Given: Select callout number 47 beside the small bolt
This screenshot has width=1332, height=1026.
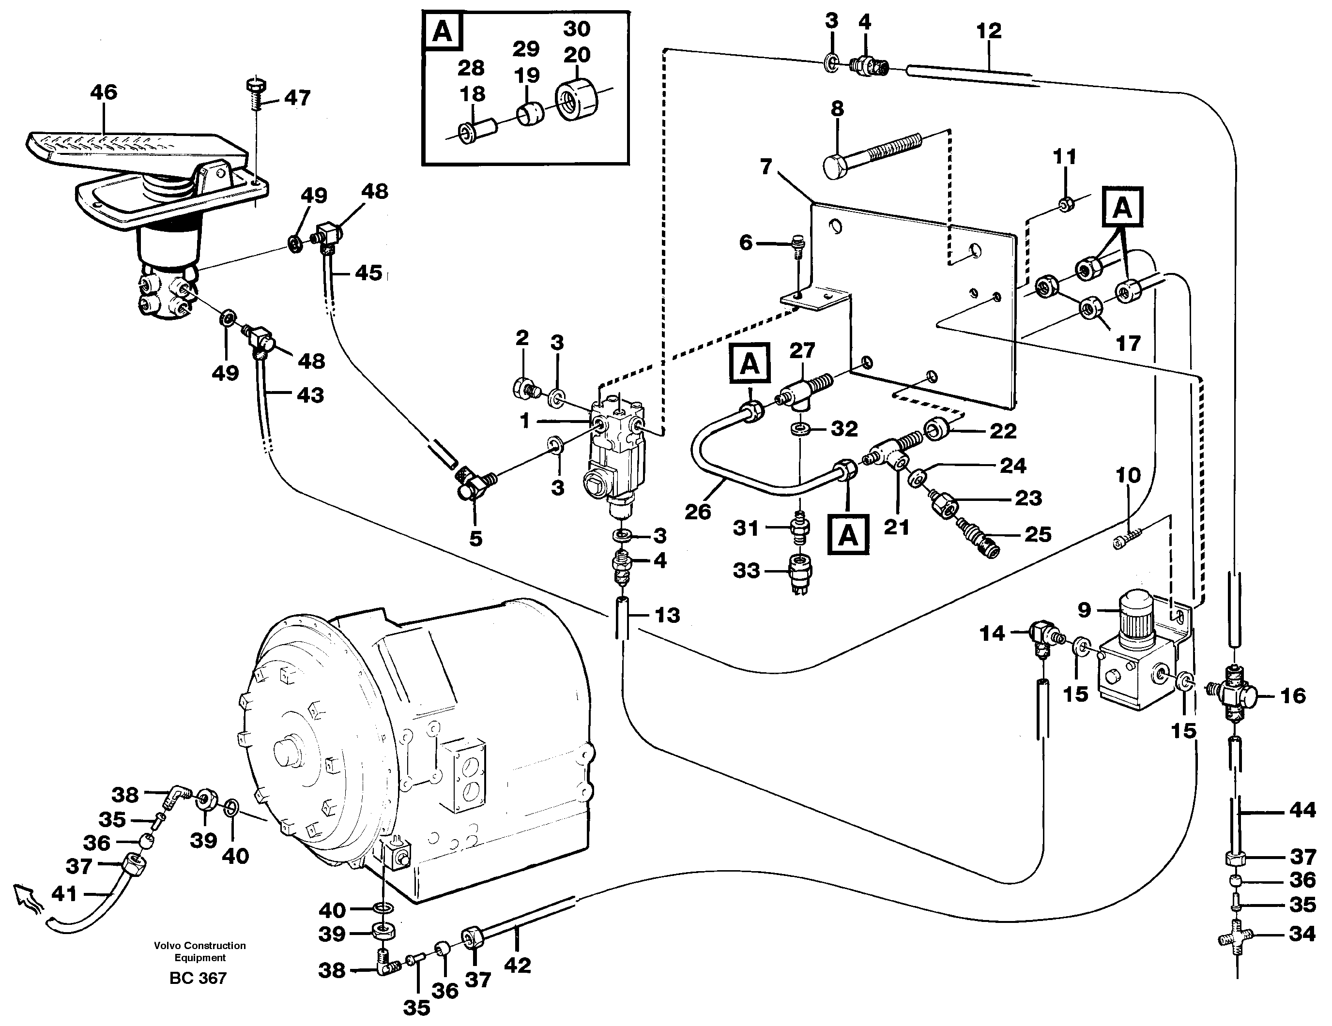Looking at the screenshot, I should click(297, 98).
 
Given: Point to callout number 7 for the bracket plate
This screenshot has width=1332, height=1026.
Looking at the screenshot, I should click(766, 166).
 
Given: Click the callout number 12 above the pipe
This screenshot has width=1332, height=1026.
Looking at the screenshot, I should click(989, 31).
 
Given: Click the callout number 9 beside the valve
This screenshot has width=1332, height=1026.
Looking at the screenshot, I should click(1084, 610).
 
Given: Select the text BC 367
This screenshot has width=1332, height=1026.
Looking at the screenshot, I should click(198, 978).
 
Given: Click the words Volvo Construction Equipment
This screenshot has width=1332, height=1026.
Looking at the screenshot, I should click(199, 951).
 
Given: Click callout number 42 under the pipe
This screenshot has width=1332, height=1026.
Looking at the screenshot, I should click(517, 965).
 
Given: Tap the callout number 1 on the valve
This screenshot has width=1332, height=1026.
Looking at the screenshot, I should click(524, 420).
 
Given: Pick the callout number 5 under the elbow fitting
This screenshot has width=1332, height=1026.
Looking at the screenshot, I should click(475, 538).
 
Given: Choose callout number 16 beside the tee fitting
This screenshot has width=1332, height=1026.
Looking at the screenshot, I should click(1292, 695).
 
